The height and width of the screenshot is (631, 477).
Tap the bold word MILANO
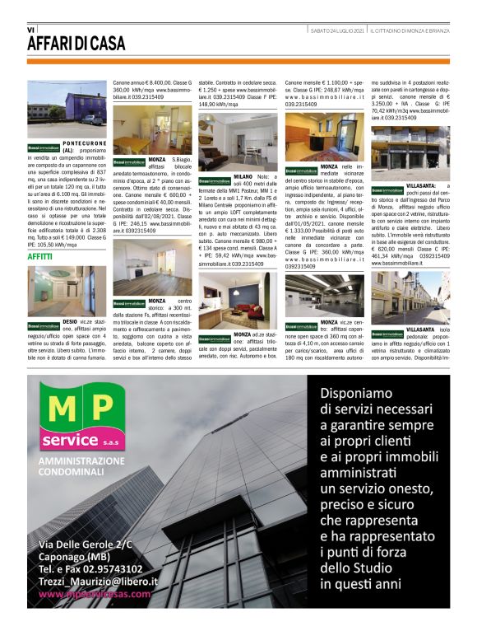243,177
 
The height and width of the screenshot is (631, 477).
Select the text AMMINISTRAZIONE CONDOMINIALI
82,466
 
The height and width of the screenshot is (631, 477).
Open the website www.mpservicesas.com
95,593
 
